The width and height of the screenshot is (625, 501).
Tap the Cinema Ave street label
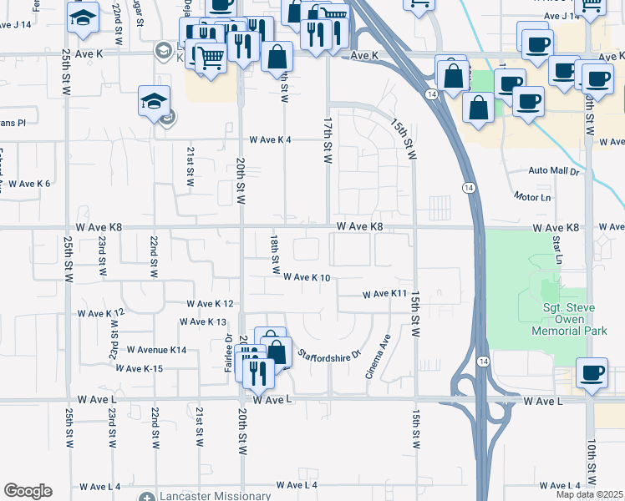coord(379,357)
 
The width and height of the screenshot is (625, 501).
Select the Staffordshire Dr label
coord(329,354)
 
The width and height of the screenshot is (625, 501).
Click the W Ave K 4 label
coord(268,140)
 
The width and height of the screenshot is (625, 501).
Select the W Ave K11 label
coord(384,294)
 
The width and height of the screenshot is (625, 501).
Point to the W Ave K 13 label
coord(204,321)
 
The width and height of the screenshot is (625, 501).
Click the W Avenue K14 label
coord(156,350)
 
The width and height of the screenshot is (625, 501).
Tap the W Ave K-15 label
coord(140,368)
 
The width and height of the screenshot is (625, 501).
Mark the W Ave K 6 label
coord(28,184)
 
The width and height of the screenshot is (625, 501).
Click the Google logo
coord(28,491)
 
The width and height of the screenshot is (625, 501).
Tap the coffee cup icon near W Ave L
coord(592,373)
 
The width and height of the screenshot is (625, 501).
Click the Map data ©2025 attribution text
coord(590,494)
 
